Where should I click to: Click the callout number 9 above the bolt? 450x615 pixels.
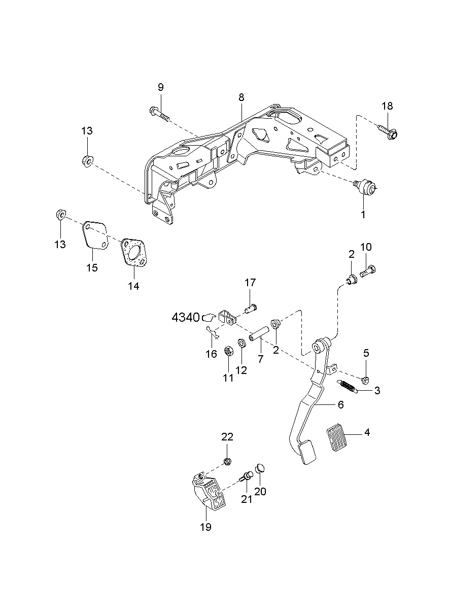(160, 87)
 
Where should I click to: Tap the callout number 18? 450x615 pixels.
(387, 106)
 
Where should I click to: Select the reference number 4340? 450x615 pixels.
(186, 318)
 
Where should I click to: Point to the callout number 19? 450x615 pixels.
(205, 527)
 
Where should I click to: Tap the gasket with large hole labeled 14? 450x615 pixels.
(134, 254)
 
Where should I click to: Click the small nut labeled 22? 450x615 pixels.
(228, 461)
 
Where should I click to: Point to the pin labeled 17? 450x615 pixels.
(250, 307)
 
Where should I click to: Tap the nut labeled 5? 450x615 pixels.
(365, 380)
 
